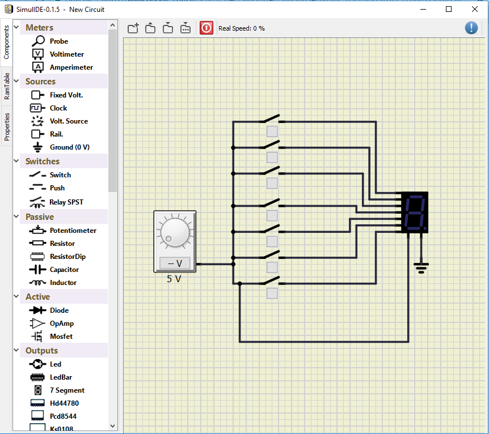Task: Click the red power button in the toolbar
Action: tap(206, 28)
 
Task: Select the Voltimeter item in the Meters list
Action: tap(66, 54)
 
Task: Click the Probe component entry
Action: tap(58, 41)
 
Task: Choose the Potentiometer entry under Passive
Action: tap(73, 231)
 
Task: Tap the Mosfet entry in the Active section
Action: tap(61, 337)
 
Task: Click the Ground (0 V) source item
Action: tap(69, 147)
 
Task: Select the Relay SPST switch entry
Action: tap(66, 202)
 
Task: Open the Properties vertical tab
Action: tap(7, 126)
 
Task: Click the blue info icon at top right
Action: tap(471, 28)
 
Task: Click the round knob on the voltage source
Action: tap(175, 232)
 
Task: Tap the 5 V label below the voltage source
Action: tap(174, 279)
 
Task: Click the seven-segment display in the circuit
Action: tap(414, 212)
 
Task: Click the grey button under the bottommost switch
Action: tap(272, 293)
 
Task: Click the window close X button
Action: tap(475, 9)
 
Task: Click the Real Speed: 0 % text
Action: tap(242, 28)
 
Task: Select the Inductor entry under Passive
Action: tap(62, 283)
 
